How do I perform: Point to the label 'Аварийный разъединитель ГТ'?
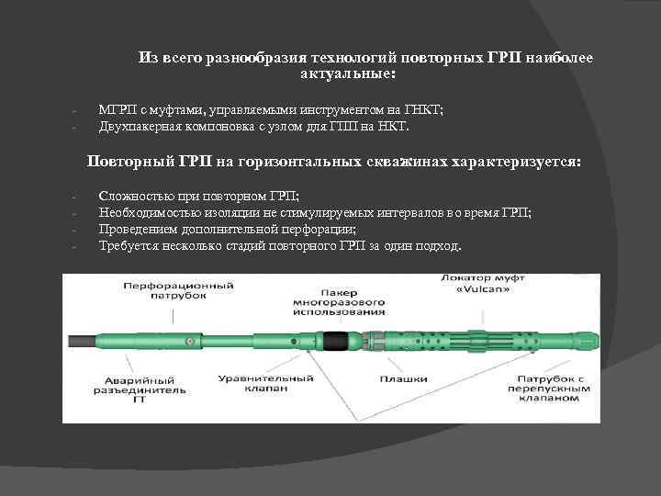(139, 388)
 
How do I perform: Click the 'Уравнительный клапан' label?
(266, 383)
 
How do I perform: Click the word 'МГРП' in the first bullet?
(115, 109)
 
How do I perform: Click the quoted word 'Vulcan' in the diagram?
(487, 291)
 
